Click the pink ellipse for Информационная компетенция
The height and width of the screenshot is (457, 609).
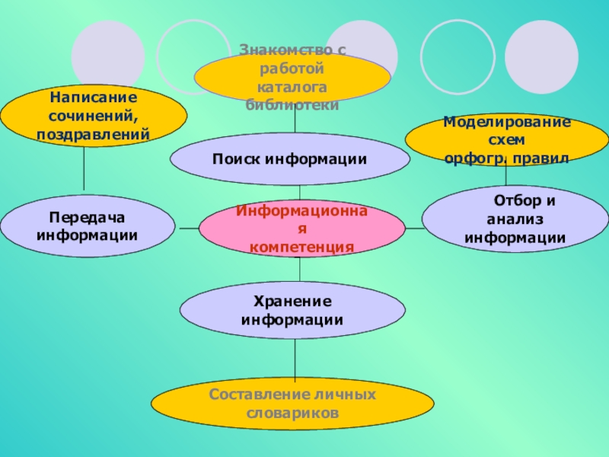pos(301,228)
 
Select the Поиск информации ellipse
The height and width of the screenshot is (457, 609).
pos(289,159)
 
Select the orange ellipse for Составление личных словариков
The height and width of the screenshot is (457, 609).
pos(292,404)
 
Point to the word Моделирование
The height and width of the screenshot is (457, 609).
pos(506,122)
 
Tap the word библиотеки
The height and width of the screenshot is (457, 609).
pos(292,105)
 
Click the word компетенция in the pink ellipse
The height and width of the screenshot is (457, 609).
pos(302,248)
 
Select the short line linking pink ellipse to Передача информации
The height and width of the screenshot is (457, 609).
pos(187,228)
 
